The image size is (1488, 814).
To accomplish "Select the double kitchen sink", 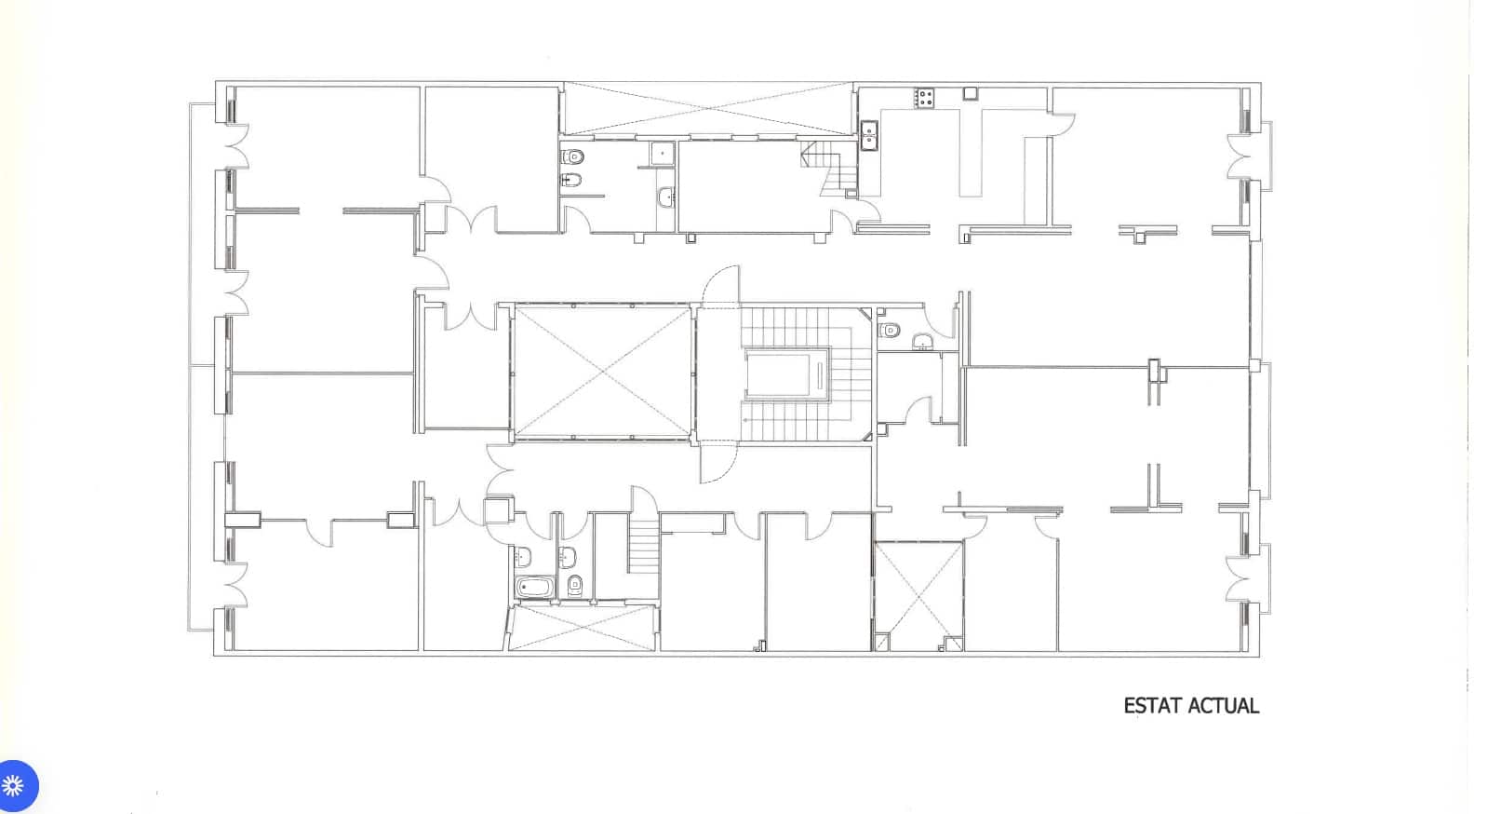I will (x=869, y=136).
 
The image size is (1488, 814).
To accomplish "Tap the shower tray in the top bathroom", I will (x=663, y=153).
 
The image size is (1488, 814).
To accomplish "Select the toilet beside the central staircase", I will (x=890, y=330).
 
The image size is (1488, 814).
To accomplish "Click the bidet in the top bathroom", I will (x=572, y=180).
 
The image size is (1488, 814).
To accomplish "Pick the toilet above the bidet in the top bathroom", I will (x=574, y=156).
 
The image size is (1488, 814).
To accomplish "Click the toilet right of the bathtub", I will (x=574, y=585).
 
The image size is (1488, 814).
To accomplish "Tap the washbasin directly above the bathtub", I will (x=522, y=557).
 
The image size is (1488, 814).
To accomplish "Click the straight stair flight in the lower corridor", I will (x=643, y=548).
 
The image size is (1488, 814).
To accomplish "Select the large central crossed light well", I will (x=603, y=371).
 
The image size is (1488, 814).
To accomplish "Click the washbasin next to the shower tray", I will (x=665, y=197).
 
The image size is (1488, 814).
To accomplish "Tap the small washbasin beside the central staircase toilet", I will (x=922, y=341).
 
